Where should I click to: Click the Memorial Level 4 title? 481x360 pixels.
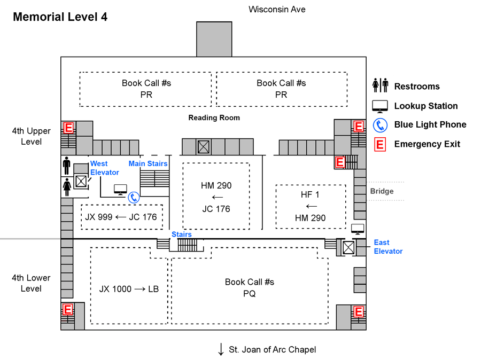coord(60,17)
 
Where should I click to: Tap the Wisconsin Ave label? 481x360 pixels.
coord(277,9)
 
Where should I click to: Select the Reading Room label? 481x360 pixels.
coord(214,118)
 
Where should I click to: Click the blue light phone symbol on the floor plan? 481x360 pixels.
coord(134,198)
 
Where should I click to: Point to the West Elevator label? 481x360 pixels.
coord(104,168)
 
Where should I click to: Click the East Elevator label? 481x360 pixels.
coord(388,247)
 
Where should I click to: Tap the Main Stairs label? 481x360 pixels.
coord(148,163)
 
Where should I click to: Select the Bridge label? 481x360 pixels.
coord(382,191)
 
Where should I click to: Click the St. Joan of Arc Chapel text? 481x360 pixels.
coord(272,350)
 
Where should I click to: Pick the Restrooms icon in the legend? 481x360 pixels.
coord(380,86)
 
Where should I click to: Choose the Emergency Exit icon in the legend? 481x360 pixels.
coord(380,144)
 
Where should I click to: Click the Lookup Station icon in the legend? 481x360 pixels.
coord(380,106)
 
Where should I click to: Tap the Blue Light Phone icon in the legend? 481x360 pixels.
coord(380,125)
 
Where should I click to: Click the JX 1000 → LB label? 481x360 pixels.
coord(129,289)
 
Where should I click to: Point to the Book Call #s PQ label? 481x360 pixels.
coord(249,287)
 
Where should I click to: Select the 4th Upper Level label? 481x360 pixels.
coord(32,136)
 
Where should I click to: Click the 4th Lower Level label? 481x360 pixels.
coord(32,283)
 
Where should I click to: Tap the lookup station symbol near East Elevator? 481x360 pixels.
coord(357,229)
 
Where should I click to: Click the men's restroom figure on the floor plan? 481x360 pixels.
coord(67,166)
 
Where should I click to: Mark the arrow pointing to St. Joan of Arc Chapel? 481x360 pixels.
coord(221,349)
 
